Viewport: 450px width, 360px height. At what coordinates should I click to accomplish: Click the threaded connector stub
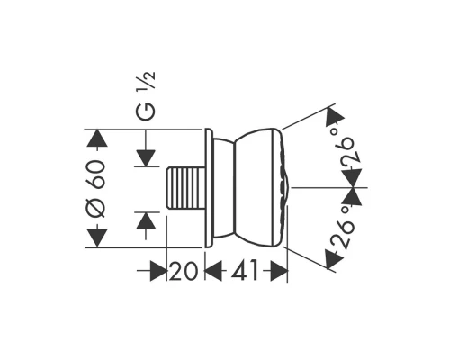185,188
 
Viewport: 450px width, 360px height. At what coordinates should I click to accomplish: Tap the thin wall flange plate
209,188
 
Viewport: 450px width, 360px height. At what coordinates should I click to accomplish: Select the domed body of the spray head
252,188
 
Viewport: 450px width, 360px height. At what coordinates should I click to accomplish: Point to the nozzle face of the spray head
285,188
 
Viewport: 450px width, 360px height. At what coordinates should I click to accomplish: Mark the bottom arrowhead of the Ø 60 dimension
96,238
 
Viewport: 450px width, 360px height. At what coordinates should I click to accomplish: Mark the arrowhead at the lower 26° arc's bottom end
333,260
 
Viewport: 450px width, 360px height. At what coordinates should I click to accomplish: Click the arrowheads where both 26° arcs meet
355,188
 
